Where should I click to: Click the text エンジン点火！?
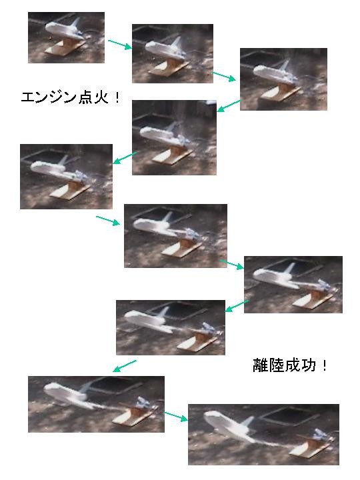coord(71,97)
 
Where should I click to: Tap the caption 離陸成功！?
coord(289,365)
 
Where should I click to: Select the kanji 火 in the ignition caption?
coord(101,97)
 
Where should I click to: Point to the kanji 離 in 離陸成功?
coord(260,365)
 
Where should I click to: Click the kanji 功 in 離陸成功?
coord(308,365)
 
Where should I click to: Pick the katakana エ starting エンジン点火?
coord(29,97)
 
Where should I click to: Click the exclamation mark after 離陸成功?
coord(324,365)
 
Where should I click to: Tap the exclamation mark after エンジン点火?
coord(117,97)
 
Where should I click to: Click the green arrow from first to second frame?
coord(119,45)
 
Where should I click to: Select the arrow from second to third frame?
coord(224,77)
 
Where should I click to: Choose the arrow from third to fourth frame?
coord(229,105)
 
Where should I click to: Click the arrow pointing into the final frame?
coord(176,417)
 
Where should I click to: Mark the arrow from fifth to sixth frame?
coord(108,221)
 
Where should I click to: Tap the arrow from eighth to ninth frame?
coord(124,366)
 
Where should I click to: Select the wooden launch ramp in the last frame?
coord(310,447)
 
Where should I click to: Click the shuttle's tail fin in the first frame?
coord(75,23)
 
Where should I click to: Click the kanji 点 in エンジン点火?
coord(85,97)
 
